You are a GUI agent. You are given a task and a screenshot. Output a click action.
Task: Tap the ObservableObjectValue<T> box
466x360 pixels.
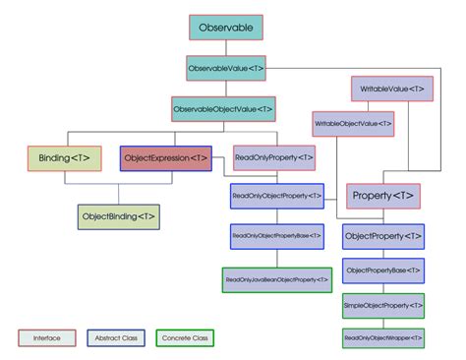223,108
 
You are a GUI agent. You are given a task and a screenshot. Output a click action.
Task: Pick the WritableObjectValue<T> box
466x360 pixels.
353,124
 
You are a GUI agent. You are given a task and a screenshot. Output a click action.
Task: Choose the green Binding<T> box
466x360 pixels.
63,157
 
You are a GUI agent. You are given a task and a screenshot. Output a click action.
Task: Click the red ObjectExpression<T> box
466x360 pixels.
166,157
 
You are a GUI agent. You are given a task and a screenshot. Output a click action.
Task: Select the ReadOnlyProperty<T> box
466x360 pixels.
274,157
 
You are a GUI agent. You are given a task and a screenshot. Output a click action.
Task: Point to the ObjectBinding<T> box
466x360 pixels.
118,215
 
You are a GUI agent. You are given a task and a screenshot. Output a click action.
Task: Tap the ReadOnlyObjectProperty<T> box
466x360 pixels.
276,196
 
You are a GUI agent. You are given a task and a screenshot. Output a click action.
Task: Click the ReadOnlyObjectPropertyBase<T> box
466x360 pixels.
276,236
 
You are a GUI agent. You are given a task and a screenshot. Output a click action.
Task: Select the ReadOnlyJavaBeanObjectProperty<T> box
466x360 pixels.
276,279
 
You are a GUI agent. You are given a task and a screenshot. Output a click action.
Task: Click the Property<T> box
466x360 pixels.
383,196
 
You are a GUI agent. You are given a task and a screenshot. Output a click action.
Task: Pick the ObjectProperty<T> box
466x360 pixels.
383,237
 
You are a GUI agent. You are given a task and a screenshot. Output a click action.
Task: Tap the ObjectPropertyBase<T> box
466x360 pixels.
383,270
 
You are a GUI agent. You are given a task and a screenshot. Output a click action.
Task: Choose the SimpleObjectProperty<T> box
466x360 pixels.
383,304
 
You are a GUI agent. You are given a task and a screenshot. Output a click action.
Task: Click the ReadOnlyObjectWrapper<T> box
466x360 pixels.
383,337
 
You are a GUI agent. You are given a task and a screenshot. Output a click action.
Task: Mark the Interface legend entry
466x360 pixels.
47,337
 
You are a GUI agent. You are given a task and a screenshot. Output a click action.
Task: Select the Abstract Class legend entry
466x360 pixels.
117,337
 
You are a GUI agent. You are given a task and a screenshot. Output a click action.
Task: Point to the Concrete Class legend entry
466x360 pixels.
185,337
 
